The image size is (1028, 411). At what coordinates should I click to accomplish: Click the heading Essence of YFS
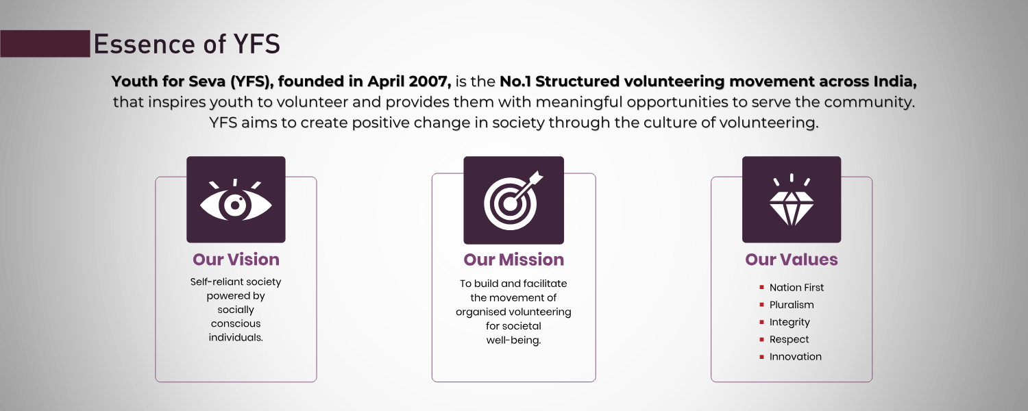pyautogui.click(x=187, y=44)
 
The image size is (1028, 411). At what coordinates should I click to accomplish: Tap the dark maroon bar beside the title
pyautogui.click(x=45, y=44)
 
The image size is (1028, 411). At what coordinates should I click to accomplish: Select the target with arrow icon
pyautogui.click(x=513, y=201)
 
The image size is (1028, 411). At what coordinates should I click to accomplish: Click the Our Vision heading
pyautogui.click(x=236, y=260)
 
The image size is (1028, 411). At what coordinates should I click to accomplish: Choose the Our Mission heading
pyautogui.click(x=513, y=260)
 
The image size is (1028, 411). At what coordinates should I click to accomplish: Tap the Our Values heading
pyautogui.click(x=792, y=260)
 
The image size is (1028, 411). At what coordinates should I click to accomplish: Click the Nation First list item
pyautogui.click(x=796, y=288)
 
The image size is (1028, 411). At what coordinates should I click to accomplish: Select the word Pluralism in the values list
pyautogui.click(x=792, y=305)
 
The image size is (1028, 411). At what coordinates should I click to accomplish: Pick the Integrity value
pyautogui.click(x=790, y=323)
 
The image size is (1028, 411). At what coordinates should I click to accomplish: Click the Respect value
pyautogui.click(x=790, y=340)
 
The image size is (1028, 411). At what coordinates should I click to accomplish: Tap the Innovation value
pyautogui.click(x=796, y=357)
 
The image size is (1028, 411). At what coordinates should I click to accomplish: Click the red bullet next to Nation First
pyautogui.click(x=762, y=288)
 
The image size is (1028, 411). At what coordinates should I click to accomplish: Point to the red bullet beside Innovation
pyautogui.click(x=762, y=357)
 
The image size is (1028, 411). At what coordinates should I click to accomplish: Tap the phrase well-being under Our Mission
pyautogui.click(x=513, y=340)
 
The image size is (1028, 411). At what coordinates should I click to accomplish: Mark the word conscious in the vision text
pyautogui.click(x=236, y=324)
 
